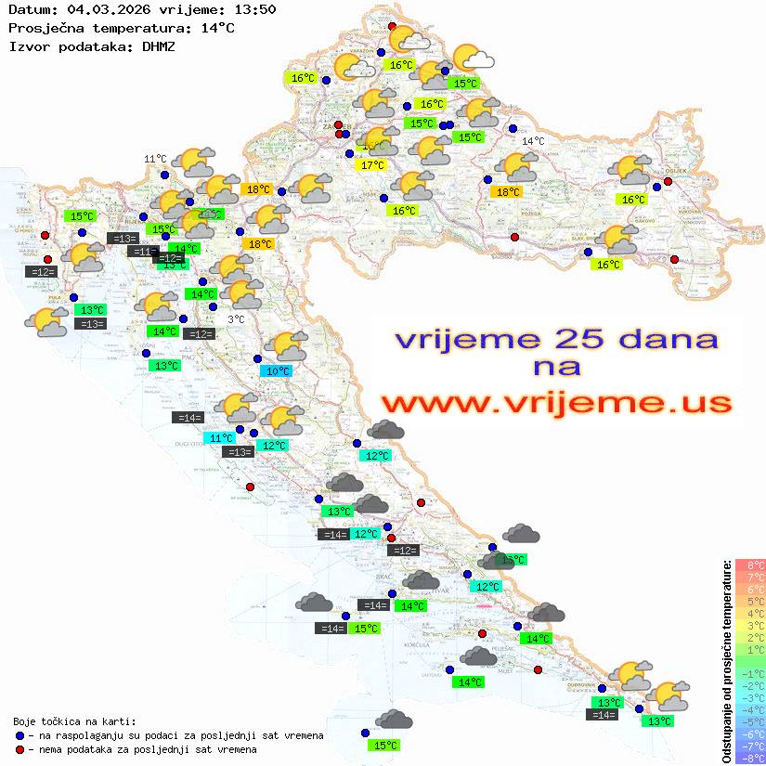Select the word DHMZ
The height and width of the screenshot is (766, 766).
coord(158,45)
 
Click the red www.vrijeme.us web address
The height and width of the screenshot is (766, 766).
coord(556,403)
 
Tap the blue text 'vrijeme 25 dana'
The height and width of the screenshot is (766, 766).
coord(556,338)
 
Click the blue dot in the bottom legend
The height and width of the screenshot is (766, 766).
coord(19,735)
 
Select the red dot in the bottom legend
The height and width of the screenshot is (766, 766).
coord(19,749)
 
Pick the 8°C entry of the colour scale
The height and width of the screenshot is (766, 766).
coord(750,565)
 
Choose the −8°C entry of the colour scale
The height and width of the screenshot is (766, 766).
coord(750,759)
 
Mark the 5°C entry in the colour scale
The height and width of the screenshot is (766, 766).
coord(750,602)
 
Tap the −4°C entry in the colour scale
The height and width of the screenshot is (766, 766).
coord(750,710)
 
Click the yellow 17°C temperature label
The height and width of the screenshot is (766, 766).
coord(371,165)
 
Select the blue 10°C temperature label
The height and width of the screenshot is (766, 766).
coord(278,371)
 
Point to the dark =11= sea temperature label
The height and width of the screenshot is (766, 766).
coord(142,252)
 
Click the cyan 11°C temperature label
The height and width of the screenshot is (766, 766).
coord(220,438)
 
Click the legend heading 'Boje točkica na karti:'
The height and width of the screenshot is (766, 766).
coord(74,721)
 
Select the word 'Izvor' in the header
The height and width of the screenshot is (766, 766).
coord(27,45)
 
